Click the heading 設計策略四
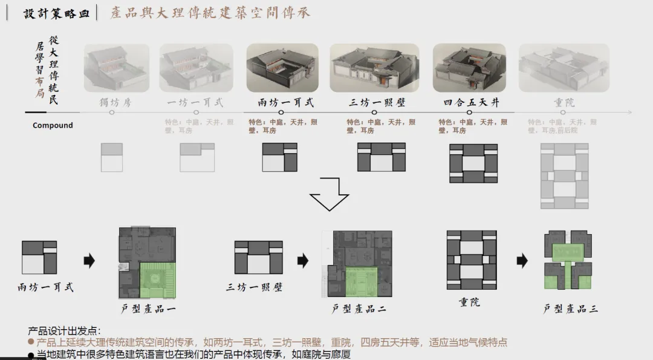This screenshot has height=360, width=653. (x=56, y=13)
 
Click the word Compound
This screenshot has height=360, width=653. (x=53, y=125)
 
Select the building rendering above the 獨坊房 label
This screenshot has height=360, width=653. (x=116, y=68)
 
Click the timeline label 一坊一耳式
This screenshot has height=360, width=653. (x=196, y=102)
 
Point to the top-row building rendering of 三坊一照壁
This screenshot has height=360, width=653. (x=374, y=68)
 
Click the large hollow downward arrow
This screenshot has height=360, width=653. (x=330, y=193)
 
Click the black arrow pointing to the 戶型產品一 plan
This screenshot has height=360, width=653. (x=89, y=261)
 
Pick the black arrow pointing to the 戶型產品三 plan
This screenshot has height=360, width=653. (x=522, y=261)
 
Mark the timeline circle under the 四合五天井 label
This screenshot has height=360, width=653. (x=470, y=112)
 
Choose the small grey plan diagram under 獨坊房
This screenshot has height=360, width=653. (x=112, y=157)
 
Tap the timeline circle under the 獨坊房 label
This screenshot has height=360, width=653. (x=112, y=112)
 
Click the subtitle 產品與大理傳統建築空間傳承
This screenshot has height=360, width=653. (x=210, y=13)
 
